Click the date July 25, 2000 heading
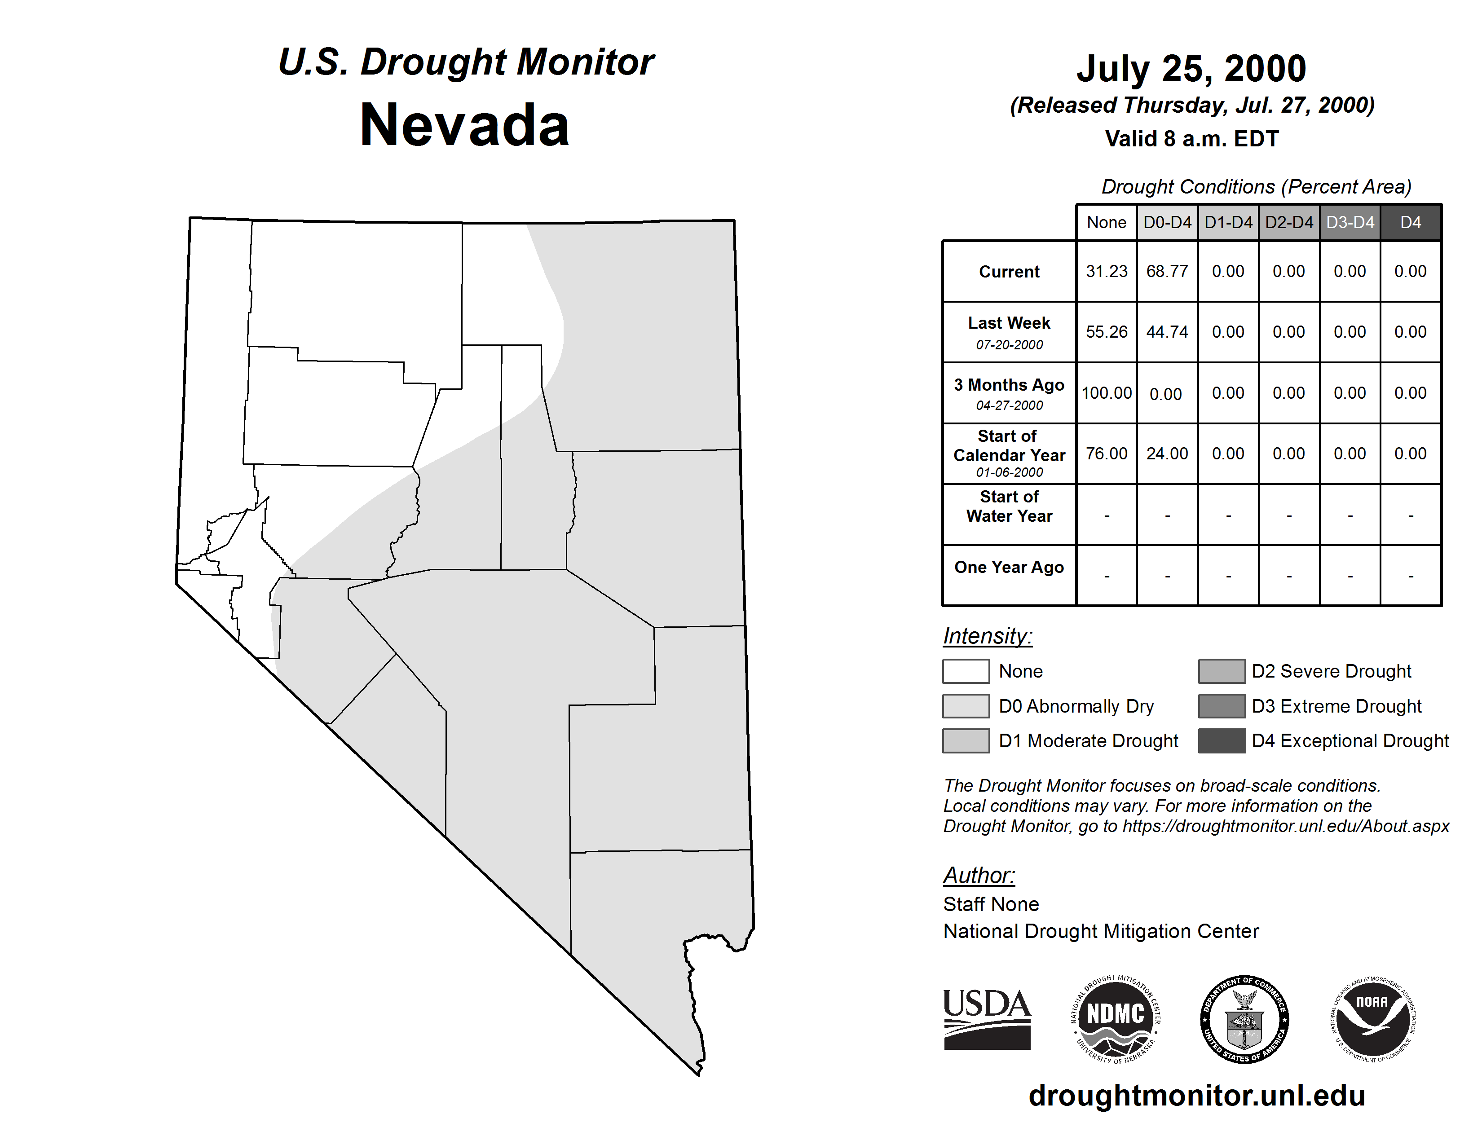coord(1191,69)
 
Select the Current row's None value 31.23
coord(1106,271)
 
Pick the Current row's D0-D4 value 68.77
coord(1167,271)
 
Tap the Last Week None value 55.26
coord(1106,332)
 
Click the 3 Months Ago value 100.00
coord(1106,393)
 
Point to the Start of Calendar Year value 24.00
coord(1167,453)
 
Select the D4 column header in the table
coord(1410,222)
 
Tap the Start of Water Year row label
coord(1009,506)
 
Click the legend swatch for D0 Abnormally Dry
coord(966,705)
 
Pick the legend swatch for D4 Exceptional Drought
coord(1222,741)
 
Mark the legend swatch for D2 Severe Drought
coord(1222,671)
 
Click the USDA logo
coord(987,1019)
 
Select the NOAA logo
coord(1372,1019)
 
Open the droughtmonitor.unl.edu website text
coord(1196,1096)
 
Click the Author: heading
coord(979,875)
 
